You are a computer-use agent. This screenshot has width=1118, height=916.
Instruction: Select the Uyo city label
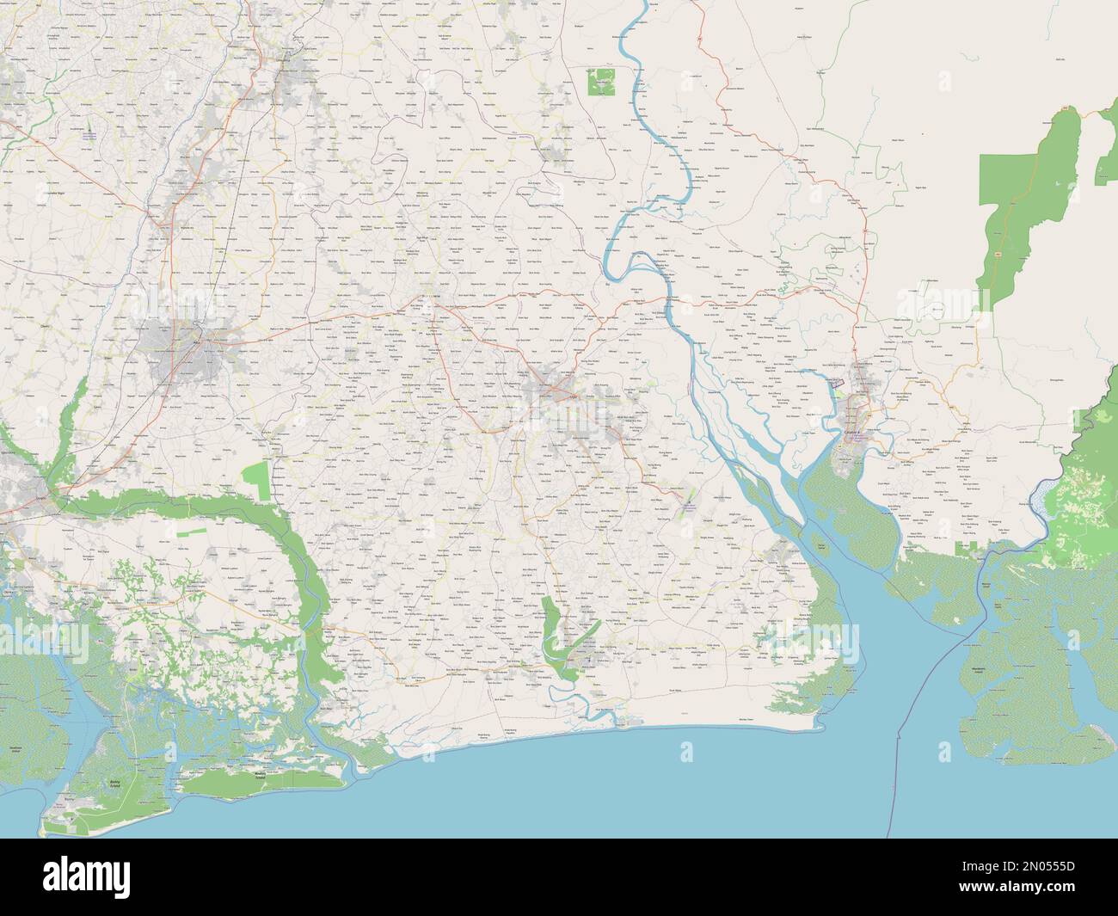click(571, 397)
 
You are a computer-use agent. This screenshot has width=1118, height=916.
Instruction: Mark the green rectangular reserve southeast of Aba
click(256, 479)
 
